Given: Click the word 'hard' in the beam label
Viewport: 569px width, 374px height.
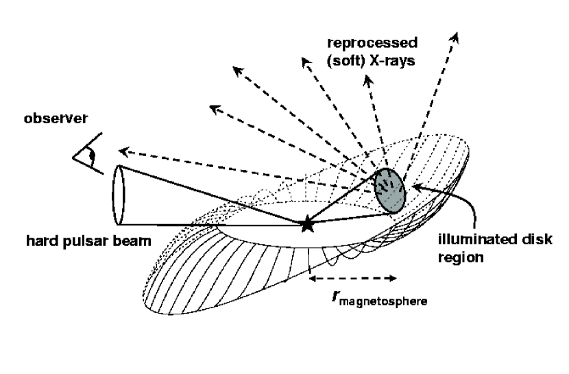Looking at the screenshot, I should tap(40, 241).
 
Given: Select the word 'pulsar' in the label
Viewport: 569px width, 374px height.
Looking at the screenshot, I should tap(78, 241).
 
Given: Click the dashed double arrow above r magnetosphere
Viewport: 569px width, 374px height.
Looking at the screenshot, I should tap(353, 278).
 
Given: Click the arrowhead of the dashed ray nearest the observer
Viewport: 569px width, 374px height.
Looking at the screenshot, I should tap(122, 151).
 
